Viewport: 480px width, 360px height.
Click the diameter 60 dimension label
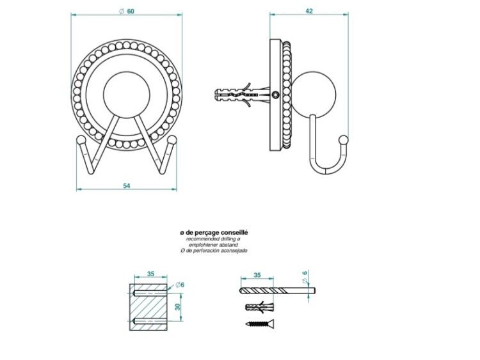(x=127, y=12)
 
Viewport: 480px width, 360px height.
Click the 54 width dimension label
(x=127, y=185)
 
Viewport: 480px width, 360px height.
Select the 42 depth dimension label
(x=309, y=11)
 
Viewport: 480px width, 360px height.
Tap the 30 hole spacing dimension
(x=178, y=307)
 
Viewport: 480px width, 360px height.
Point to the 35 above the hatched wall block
(x=150, y=274)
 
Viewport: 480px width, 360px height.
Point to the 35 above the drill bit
(x=257, y=275)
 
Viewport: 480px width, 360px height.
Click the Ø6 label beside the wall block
(x=180, y=285)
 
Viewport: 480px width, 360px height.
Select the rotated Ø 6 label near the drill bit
(x=305, y=277)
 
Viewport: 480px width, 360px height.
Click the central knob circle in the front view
(x=127, y=95)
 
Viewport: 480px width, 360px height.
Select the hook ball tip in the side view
(x=344, y=140)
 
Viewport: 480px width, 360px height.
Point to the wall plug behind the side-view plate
(x=242, y=95)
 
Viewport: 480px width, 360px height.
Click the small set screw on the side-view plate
(x=275, y=95)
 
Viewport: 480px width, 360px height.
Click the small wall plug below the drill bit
(x=259, y=307)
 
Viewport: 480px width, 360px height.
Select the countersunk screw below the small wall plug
(x=260, y=324)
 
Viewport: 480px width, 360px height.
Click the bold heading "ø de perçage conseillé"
(x=214, y=233)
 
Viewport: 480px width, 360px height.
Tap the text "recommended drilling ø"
(x=213, y=239)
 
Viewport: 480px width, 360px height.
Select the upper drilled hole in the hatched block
(x=150, y=293)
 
